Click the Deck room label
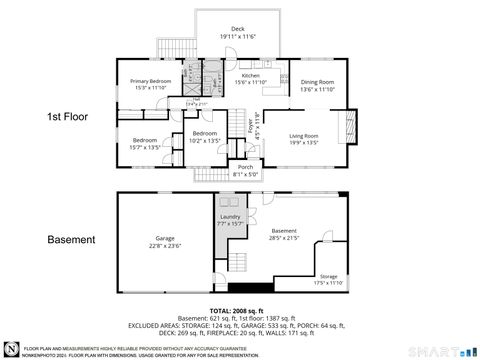[x=237, y=32]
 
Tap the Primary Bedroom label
[x=146, y=84]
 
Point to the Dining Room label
[x=316, y=85]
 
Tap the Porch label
[x=245, y=170]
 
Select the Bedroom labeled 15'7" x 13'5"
[x=145, y=143]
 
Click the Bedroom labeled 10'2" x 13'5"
[x=204, y=137]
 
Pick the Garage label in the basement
[x=165, y=242]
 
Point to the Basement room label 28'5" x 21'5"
[x=284, y=234]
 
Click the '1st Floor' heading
[x=70, y=117]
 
